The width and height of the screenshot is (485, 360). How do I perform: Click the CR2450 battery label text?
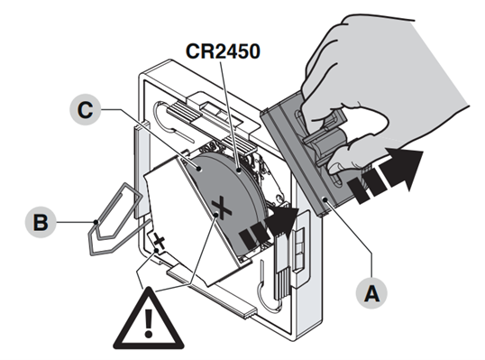click(223, 51)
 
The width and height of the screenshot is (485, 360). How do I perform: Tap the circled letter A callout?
click(371, 293)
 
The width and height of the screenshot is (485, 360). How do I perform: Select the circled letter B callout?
click(41, 222)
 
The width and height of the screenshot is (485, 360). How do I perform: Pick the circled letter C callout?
click(86, 109)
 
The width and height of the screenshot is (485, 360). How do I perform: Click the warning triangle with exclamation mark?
click(149, 318)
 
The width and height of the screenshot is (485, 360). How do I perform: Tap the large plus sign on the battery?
click(222, 208)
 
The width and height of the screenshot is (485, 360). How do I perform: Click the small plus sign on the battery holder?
click(160, 242)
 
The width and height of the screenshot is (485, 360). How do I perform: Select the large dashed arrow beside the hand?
click(385, 175)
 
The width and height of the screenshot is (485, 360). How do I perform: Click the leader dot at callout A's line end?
click(325, 198)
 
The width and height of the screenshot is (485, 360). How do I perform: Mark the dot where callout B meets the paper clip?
click(96, 222)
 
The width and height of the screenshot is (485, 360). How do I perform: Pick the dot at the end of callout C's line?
click(199, 169)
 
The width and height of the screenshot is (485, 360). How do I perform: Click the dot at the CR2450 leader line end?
click(239, 170)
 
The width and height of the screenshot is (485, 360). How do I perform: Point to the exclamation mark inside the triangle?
click(149, 324)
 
